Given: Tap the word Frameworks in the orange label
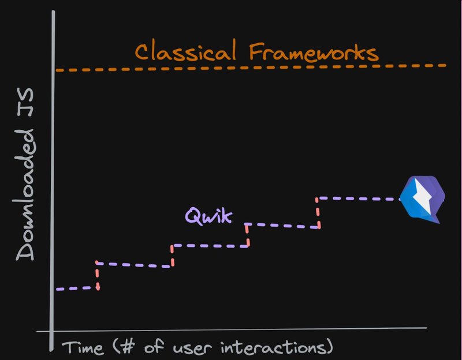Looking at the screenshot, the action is (314, 52).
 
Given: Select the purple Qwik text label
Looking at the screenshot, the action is (208, 216).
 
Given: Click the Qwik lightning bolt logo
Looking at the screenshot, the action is (423, 199).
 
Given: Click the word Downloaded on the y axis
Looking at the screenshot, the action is (25, 195).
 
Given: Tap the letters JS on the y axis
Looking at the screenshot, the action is (25, 102).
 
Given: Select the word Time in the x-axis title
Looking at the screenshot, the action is (83, 347).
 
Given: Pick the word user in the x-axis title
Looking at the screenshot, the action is (192, 348).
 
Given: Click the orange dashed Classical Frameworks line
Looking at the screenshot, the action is (251, 67).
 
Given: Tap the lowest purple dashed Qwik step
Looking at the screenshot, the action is (77, 288).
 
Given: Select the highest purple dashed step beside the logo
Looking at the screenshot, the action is (359, 198).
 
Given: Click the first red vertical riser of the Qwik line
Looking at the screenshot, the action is (97, 276).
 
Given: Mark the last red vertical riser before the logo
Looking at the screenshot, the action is (318, 213).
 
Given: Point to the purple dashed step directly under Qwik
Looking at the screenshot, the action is (210, 246).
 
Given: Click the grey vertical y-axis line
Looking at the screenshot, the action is (53, 181).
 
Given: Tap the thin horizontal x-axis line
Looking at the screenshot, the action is (232, 329).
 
